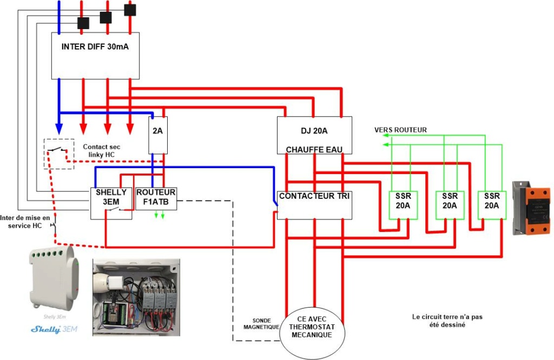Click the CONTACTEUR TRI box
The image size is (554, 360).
[314, 205]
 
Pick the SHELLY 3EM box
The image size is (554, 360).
[111, 203]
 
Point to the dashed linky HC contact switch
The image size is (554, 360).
[59, 154]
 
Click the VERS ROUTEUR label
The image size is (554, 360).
[400, 130]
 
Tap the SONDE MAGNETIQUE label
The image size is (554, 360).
[261, 324]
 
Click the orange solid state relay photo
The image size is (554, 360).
[531, 208]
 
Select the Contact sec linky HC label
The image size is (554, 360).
[102, 151]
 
